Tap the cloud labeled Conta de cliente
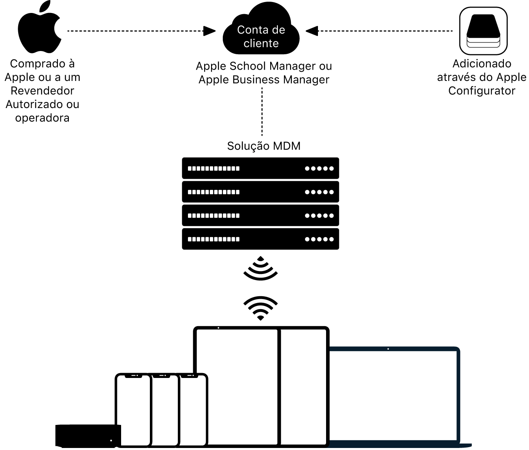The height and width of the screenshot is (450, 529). pos(261,34)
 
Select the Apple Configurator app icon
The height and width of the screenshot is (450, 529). pos(483,31)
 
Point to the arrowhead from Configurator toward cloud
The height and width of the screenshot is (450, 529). pos(311,31)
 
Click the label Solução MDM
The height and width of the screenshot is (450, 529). pos(264,146)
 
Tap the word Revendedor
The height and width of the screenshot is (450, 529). pos(43,91)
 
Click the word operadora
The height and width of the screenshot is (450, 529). pos(43,118)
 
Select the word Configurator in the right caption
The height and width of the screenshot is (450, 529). pos(482,91)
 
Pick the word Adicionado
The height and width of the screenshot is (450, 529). pos(482,64)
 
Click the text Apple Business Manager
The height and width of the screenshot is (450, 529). pos(264,80)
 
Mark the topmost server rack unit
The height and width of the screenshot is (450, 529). pos(260,168)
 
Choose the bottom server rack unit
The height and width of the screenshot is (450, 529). pos(260,239)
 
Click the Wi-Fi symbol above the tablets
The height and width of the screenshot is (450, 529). pos(260,308)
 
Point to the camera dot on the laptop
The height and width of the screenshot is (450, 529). pos(388,348)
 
